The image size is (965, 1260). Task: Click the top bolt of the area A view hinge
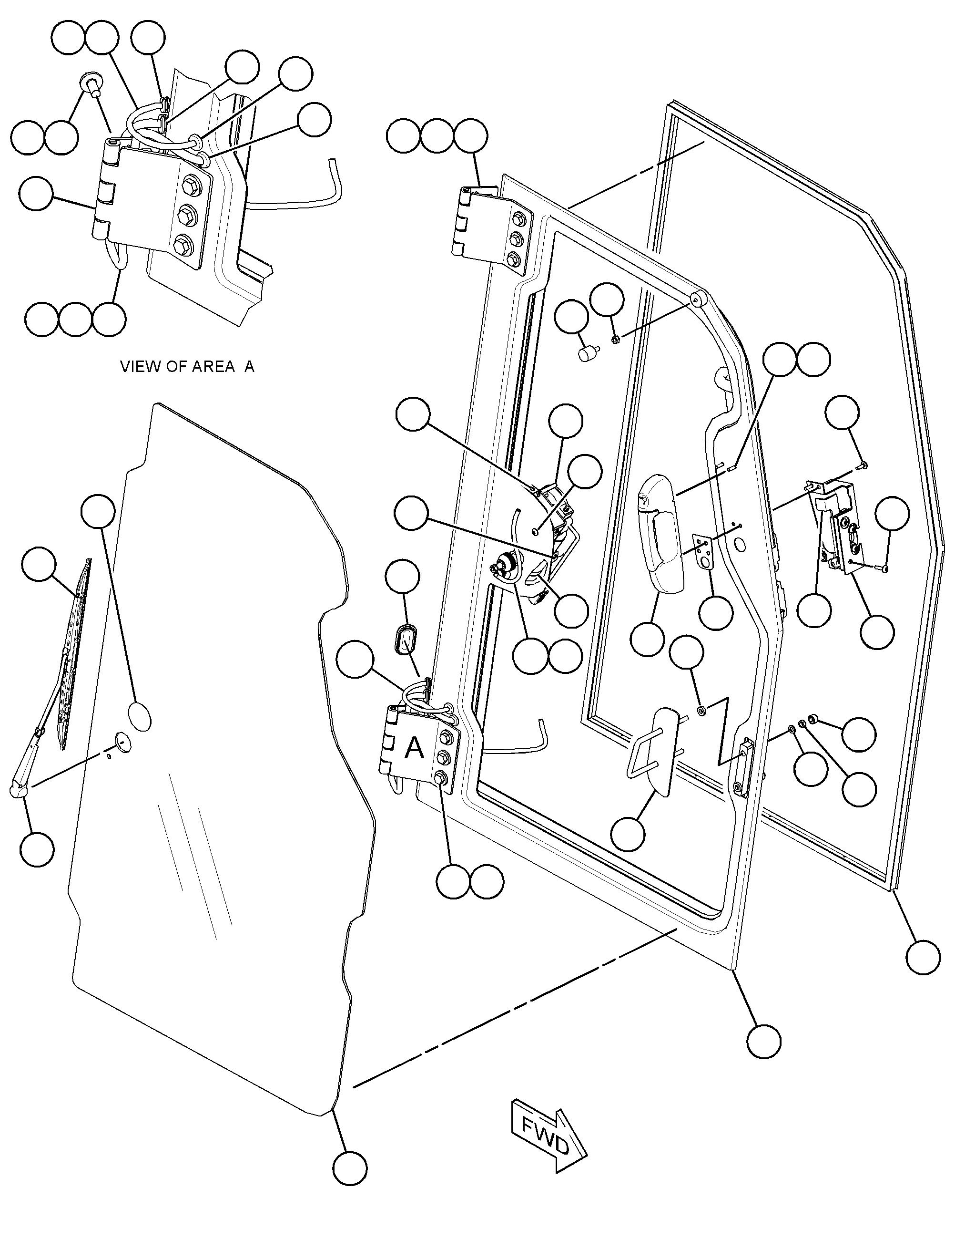188,185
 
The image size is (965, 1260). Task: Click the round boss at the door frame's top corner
699,300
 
